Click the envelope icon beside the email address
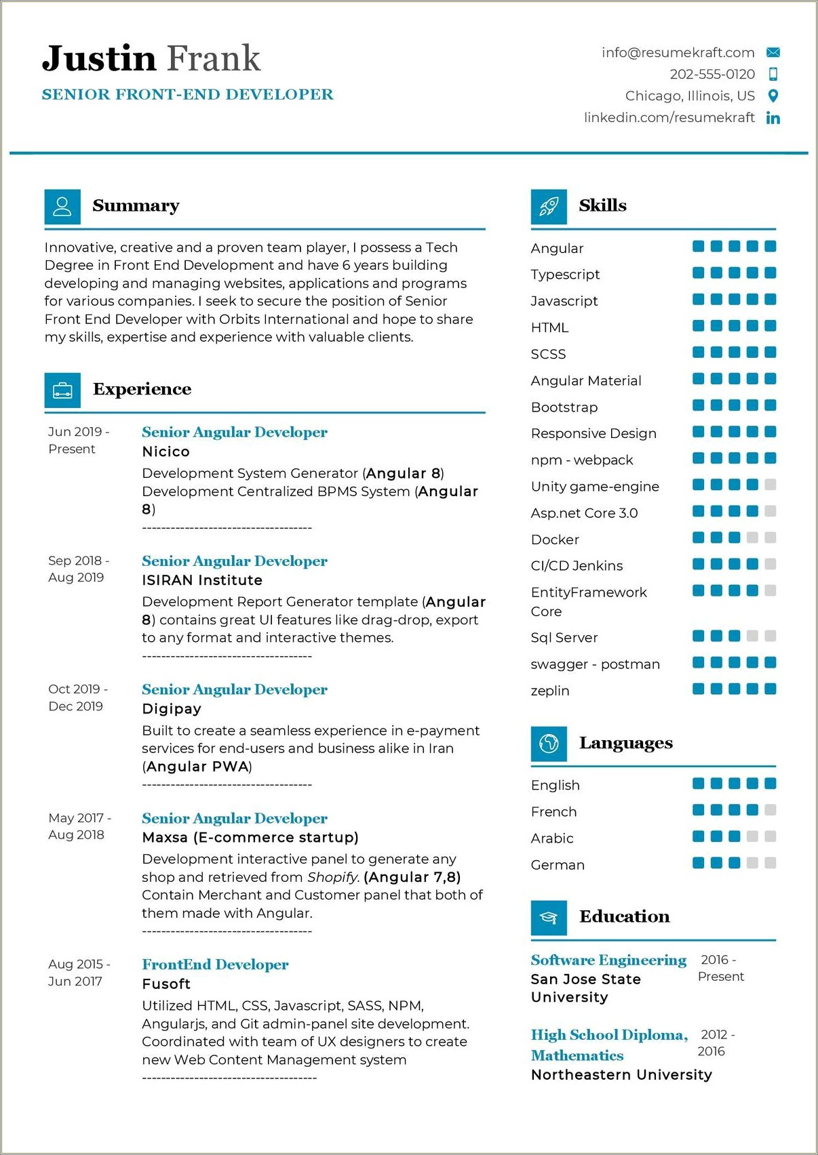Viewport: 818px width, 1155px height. (773, 52)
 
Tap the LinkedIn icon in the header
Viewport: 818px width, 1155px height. (773, 118)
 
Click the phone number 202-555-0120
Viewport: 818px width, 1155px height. (712, 74)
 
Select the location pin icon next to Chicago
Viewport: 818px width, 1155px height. (773, 96)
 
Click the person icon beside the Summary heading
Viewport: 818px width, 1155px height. (62, 206)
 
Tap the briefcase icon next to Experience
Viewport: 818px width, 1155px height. (62, 390)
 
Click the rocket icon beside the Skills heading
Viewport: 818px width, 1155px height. (549, 206)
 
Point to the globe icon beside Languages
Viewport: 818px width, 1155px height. (549, 744)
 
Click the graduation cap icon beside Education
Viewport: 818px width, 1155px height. (549, 917)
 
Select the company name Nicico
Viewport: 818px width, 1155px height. (165, 451)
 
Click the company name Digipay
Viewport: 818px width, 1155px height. (172, 708)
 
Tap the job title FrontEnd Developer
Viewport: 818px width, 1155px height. (215, 964)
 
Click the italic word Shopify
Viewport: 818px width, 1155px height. (332, 877)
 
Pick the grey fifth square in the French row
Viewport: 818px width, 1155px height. (770, 810)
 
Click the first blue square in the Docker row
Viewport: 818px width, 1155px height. (698, 538)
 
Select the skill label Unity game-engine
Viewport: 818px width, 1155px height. (595, 487)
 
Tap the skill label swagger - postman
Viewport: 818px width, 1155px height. (595, 664)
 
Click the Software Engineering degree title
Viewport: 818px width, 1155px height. (608, 960)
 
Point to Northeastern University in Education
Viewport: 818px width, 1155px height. (621, 1074)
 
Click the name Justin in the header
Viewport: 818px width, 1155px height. (99, 58)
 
